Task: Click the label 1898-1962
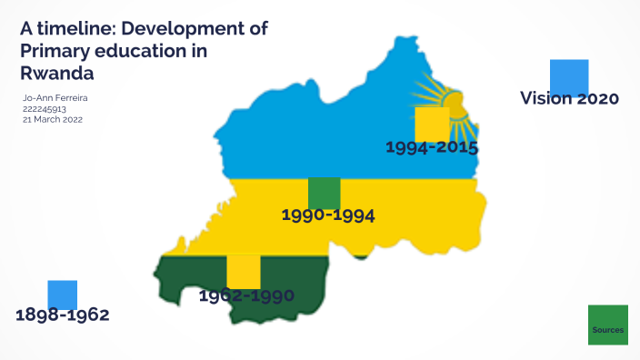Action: point(63,315)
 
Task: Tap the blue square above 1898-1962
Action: point(63,295)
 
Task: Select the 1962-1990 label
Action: point(245,295)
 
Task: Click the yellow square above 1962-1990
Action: point(244,272)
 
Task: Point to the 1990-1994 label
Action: point(328,215)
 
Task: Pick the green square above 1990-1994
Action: point(325,193)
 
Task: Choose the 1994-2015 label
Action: point(432,146)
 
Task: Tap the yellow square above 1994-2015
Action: point(432,123)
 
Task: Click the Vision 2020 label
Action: point(569,98)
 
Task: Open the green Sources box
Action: point(608,325)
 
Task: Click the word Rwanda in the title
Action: point(57,71)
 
